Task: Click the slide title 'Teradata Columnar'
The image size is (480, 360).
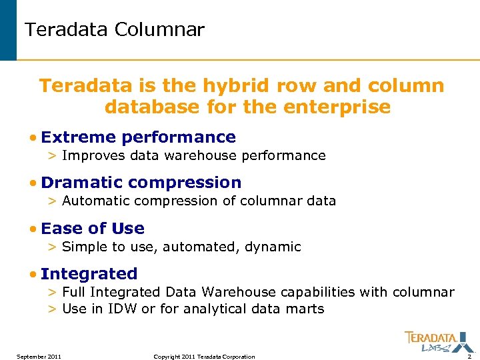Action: coord(114,30)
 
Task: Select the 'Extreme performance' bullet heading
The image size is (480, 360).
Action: coord(138,137)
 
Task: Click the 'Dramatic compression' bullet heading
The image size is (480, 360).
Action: coord(141,183)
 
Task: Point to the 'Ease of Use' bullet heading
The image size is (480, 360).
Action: coord(92,229)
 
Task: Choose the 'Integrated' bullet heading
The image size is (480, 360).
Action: coord(89,274)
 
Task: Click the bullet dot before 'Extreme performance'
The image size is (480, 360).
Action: coord(33,138)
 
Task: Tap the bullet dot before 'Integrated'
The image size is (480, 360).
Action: coord(33,275)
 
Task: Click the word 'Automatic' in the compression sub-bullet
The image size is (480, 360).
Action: coord(91,201)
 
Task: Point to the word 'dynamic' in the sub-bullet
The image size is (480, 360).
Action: coord(273,247)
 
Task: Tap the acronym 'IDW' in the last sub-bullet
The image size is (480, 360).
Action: coord(122,309)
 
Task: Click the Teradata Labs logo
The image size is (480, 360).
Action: coord(431,341)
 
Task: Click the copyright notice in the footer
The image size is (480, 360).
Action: coord(204,357)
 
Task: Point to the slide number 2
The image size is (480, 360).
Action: coord(469,357)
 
